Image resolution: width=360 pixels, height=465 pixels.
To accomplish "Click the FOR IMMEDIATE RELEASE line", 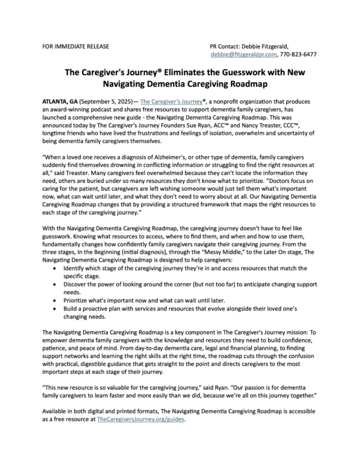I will (73, 46).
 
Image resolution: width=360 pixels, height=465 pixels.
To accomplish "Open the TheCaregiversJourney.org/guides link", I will (141, 420).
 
